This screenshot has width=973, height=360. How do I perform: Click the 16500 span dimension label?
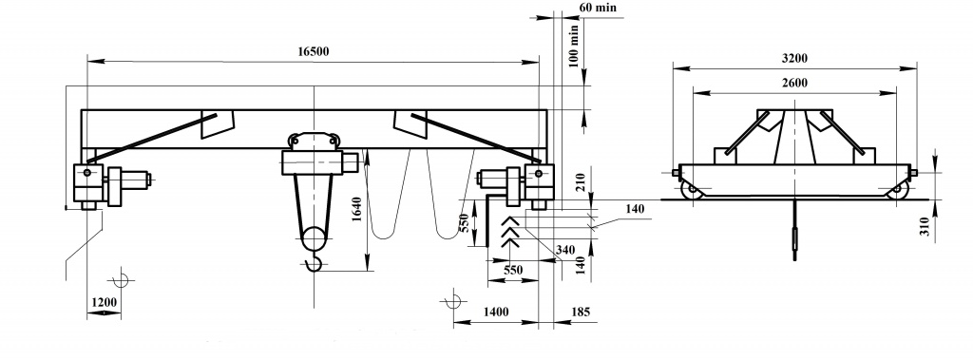313,51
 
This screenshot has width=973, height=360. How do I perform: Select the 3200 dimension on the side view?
794,58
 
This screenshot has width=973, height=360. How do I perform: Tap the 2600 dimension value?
794,84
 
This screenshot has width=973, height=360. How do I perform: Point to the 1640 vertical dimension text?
356,211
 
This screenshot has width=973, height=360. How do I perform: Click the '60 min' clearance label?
598,8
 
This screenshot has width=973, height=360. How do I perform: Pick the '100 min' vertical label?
573,46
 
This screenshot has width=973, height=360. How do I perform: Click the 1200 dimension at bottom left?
105,302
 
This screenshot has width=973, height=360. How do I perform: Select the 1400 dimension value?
496,312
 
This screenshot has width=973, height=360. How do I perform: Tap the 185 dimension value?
581,312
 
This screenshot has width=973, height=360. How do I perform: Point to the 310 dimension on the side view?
925,227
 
